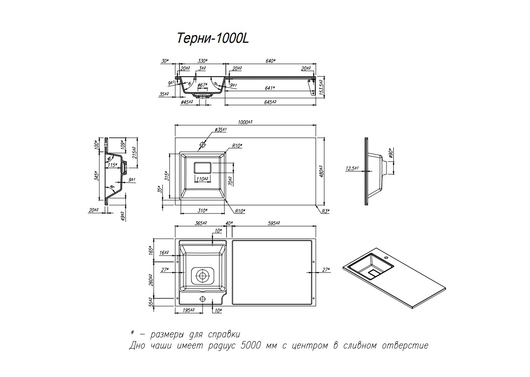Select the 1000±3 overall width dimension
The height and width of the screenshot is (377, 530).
click(245, 122)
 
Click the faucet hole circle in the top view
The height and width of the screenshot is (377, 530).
click(202, 145)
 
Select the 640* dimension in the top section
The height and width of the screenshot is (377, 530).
click(269, 61)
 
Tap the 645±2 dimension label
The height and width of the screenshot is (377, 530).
click(269, 102)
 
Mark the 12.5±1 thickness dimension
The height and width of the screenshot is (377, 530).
click(352, 169)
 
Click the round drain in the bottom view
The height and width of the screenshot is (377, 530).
click(202, 276)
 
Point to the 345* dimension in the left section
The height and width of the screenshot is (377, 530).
click(97, 176)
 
